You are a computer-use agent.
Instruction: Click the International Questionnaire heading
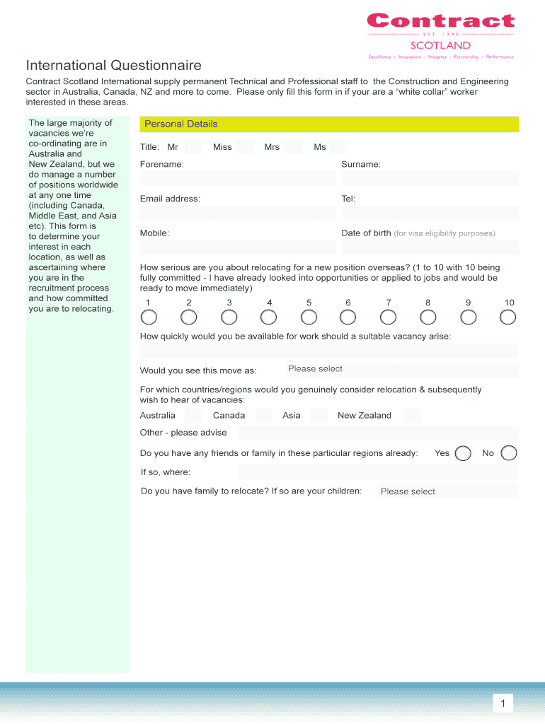pyautogui.click(x=114, y=66)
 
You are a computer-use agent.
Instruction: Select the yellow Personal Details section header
pyautogui.click(x=329, y=124)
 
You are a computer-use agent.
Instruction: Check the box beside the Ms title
pyautogui.click(x=339, y=147)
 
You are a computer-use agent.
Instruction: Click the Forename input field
pyautogui.click(x=238, y=178)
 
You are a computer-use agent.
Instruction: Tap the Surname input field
pyautogui.click(x=430, y=178)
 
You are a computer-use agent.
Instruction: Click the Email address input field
pyautogui.click(x=238, y=213)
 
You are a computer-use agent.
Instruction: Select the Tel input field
pyautogui.click(x=430, y=213)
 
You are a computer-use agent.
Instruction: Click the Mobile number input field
pyautogui.click(x=238, y=247)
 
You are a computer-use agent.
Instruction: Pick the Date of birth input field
pyautogui.click(x=430, y=247)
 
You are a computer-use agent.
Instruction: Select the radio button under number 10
pyautogui.click(x=507, y=317)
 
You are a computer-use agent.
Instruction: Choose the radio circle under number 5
pyautogui.click(x=309, y=317)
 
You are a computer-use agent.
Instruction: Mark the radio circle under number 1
pyautogui.click(x=148, y=317)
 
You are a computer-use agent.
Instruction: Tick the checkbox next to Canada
pyautogui.click(x=264, y=416)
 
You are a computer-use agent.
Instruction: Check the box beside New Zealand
pyautogui.click(x=412, y=416)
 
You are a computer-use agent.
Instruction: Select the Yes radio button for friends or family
pyautogui.click(x=463, y=453)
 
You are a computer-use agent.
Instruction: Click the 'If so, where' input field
pyautogui.click(x=377, y=472)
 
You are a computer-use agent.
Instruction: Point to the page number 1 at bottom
pyautogui.click(x=503, y=703)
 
